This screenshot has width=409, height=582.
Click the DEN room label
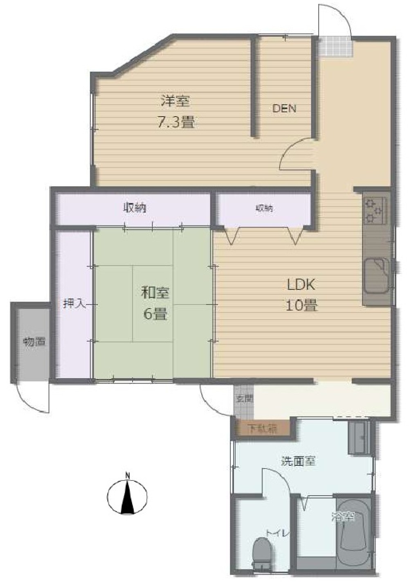click(284, 108)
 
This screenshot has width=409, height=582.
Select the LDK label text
click(301, 284)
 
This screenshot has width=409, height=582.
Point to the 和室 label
click(155, 293)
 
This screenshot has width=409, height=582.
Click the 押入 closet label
click(74, 304)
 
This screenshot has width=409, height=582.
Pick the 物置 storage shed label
click(34, 341)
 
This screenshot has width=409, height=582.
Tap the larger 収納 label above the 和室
click(135, 208)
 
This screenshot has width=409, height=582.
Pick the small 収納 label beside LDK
click(264, 208)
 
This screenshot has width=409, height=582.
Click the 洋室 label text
click(175, 101)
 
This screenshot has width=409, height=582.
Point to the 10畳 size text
click(301, 305)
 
